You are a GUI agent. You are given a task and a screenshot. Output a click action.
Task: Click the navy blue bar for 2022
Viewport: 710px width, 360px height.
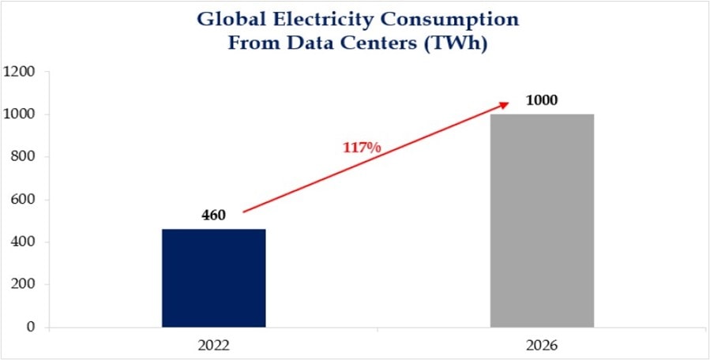(x=214, y=278)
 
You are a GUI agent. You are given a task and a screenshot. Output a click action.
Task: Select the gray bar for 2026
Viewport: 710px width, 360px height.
(x=542, y=220)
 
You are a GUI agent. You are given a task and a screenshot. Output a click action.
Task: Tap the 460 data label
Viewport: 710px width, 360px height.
(x=213, y=216)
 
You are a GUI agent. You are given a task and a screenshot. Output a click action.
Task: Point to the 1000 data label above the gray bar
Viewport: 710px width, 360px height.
(x=542, y=100)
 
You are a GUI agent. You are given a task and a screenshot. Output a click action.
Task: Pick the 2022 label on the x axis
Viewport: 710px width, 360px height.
(x=214, y=345)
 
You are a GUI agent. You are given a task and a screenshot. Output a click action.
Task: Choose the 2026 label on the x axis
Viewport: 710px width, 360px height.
(x=542, y=345)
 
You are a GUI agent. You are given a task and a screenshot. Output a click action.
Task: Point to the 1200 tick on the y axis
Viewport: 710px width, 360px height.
(x=19, y=72)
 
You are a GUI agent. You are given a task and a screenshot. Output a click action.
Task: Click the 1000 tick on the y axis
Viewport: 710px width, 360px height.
(x=19, y=114)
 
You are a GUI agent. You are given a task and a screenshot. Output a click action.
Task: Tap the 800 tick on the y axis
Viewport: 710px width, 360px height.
(x=23, y=157)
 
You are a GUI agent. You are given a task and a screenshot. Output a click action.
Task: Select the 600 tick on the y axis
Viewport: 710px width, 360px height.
(x=23, y=200)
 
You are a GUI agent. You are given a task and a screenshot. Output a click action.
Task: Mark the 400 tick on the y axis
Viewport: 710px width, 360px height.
(x=23, y=242)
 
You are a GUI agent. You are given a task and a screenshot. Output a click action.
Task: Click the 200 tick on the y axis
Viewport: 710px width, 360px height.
(x=23, y=284)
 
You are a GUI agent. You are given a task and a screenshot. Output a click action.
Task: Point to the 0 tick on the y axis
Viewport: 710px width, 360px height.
(x=31, y=327)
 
